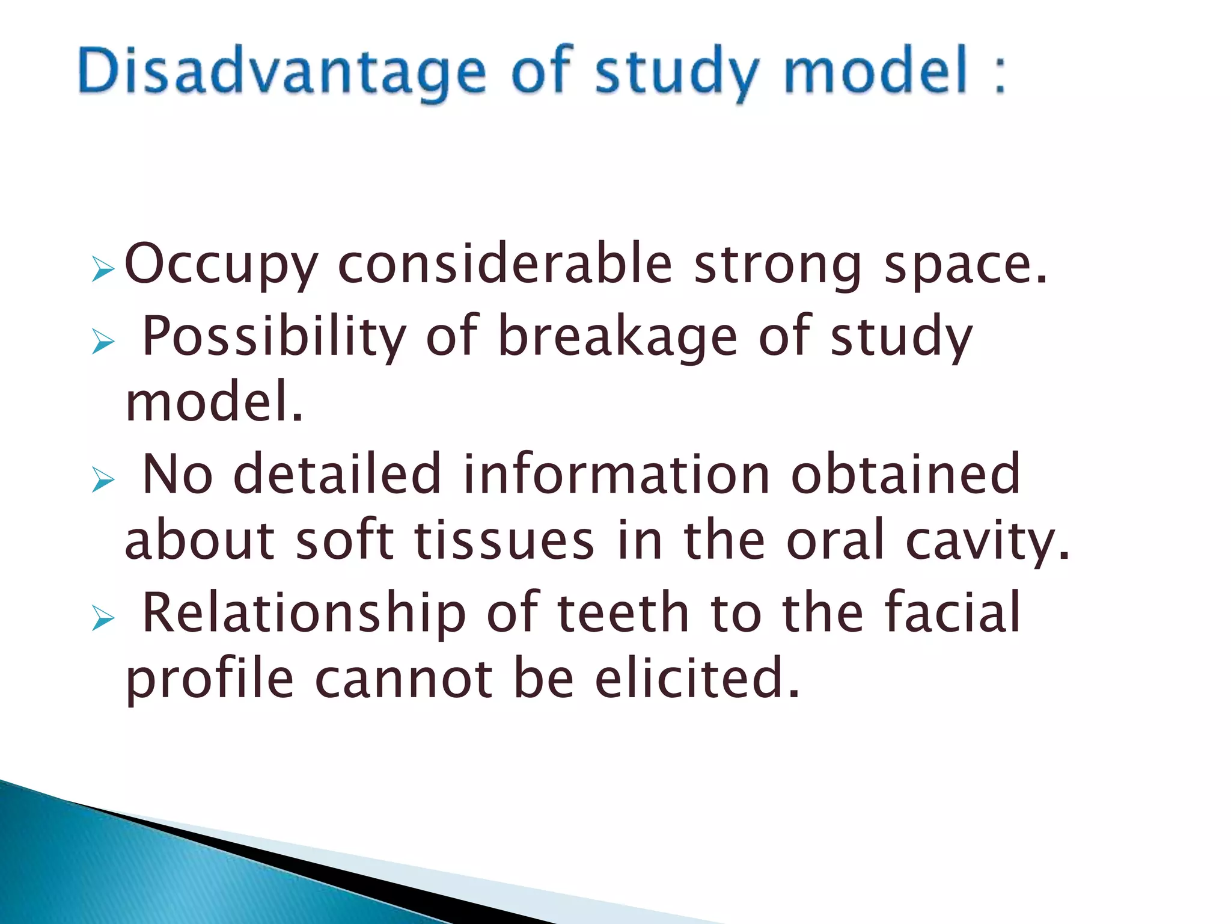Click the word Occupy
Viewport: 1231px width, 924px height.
221,265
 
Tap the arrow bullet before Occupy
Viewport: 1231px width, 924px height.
103,269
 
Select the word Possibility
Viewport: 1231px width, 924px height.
274,337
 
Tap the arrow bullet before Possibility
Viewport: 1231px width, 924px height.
103,342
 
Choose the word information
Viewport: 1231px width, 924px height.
616,474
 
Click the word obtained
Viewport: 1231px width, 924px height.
905,474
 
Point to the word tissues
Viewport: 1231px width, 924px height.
504,540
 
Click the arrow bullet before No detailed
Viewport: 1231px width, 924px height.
103,480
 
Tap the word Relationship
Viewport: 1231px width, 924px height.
304,613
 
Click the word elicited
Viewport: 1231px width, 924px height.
697,679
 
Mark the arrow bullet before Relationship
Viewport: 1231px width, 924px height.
103,618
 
